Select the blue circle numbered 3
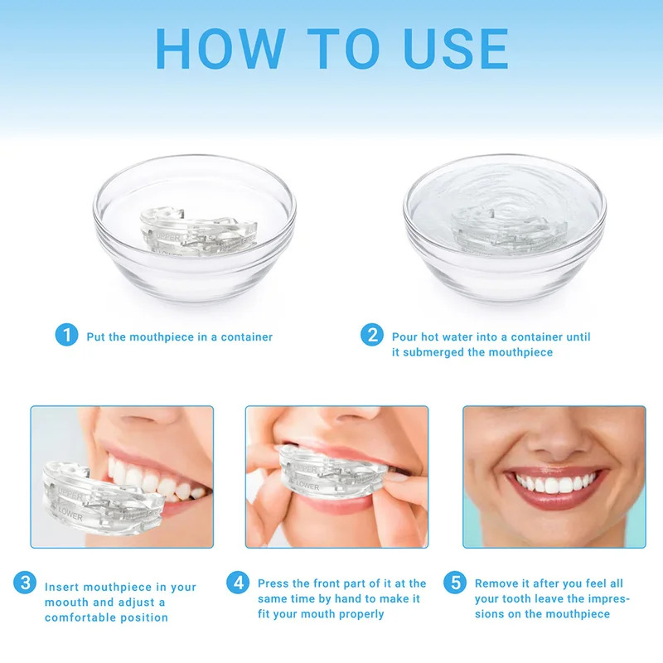tap(25, 583)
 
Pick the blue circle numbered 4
tap(240, 583)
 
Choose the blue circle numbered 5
tap(455, 583)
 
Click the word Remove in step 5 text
tap(496, 584)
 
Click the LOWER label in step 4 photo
tap(306, 486)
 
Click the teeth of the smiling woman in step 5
tap(554, 483)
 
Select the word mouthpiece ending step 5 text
tap(578, 614)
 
